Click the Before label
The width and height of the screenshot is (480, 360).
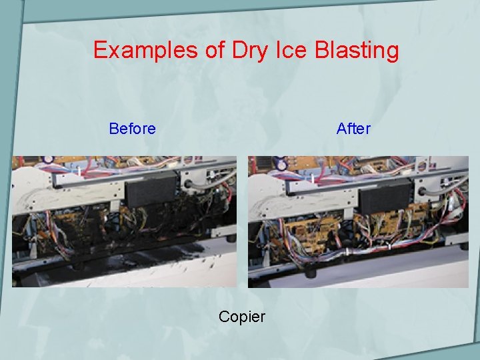coord(132,128)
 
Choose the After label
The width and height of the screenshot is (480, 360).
coord(353,128)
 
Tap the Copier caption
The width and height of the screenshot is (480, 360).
coord(241,317)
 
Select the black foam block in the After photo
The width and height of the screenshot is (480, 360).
coord(386,194)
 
